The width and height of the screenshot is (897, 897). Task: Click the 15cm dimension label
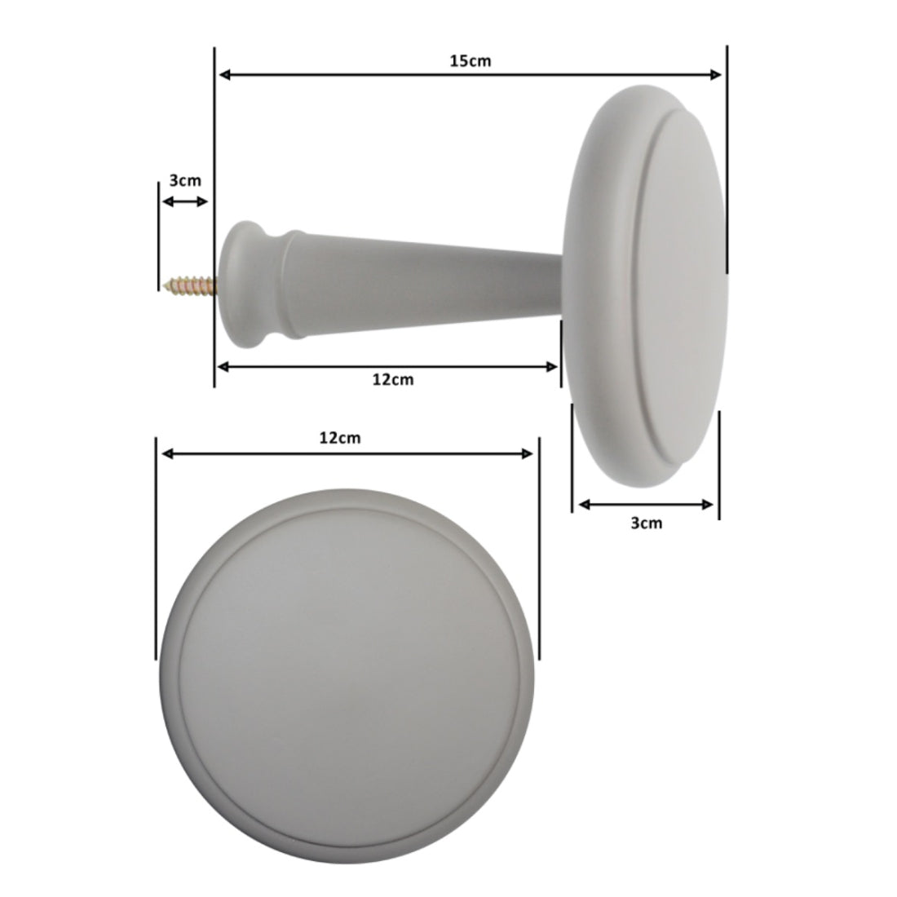coord(470,60)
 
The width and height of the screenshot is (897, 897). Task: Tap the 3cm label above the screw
coord(185,180)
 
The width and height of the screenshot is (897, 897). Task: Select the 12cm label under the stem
coord(392,379)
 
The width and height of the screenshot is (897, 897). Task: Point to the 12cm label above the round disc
coord(340,438)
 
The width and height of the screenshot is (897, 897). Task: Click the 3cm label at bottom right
coord(647,523)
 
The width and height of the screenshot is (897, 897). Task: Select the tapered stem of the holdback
coord(423,283)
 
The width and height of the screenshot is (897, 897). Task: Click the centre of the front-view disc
coord(347,676)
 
